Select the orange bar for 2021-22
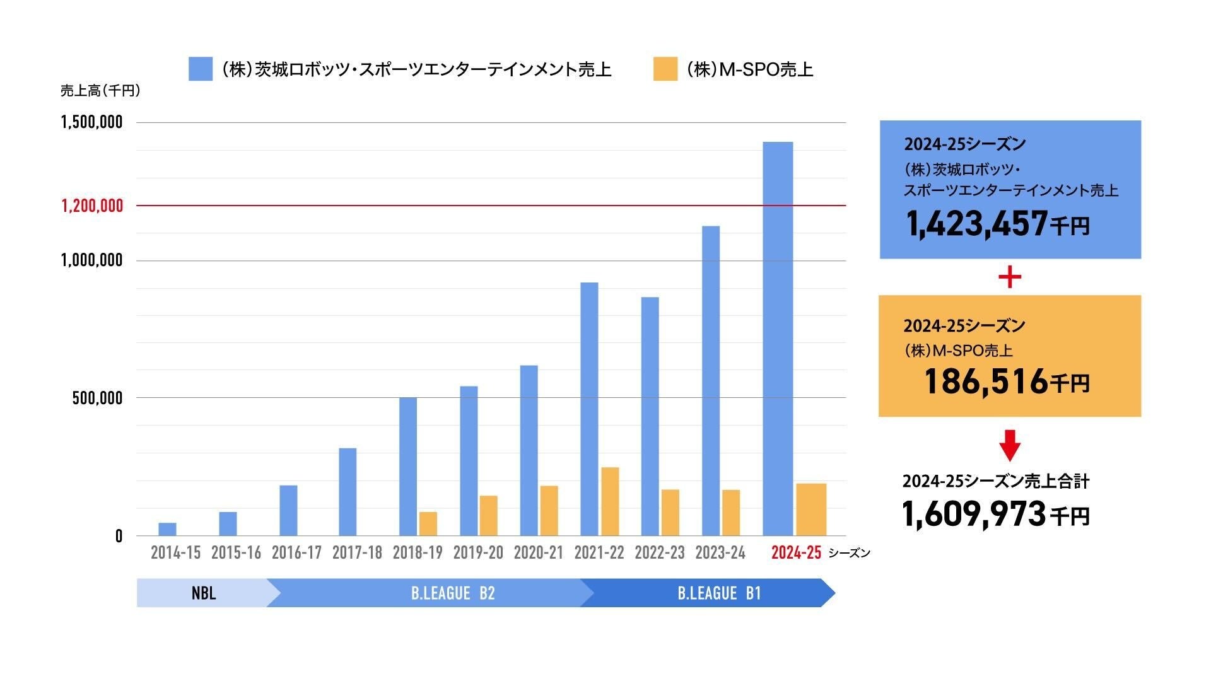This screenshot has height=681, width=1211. tap(610, 501)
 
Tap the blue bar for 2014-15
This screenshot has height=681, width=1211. tap(167, 529)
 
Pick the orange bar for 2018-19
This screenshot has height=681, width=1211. tap(428, 523)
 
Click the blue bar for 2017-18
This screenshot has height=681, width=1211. tap(348, 492)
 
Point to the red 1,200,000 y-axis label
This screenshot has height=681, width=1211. tap(92, 206)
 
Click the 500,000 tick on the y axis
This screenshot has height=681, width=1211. tap(97, 398)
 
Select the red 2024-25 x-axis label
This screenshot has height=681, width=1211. tap(796, 553)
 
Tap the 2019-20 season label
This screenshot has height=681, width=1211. tap(478, 553)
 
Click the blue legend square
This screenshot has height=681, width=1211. tap(201, 69)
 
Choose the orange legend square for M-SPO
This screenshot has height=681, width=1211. tap(665, 69)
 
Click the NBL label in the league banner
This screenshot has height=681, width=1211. tap(204, 593)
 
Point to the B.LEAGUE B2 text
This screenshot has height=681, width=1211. tap(453, 593)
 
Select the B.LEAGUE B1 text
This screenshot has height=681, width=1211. tap(719, 593)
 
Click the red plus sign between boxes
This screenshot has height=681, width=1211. tap(1010, 277)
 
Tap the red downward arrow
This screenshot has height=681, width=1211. tap(1010, 445)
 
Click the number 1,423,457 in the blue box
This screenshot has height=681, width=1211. tap(976, 224)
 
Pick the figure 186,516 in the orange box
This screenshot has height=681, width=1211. tap(985, 381)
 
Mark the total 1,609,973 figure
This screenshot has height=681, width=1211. tap(974, 514)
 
